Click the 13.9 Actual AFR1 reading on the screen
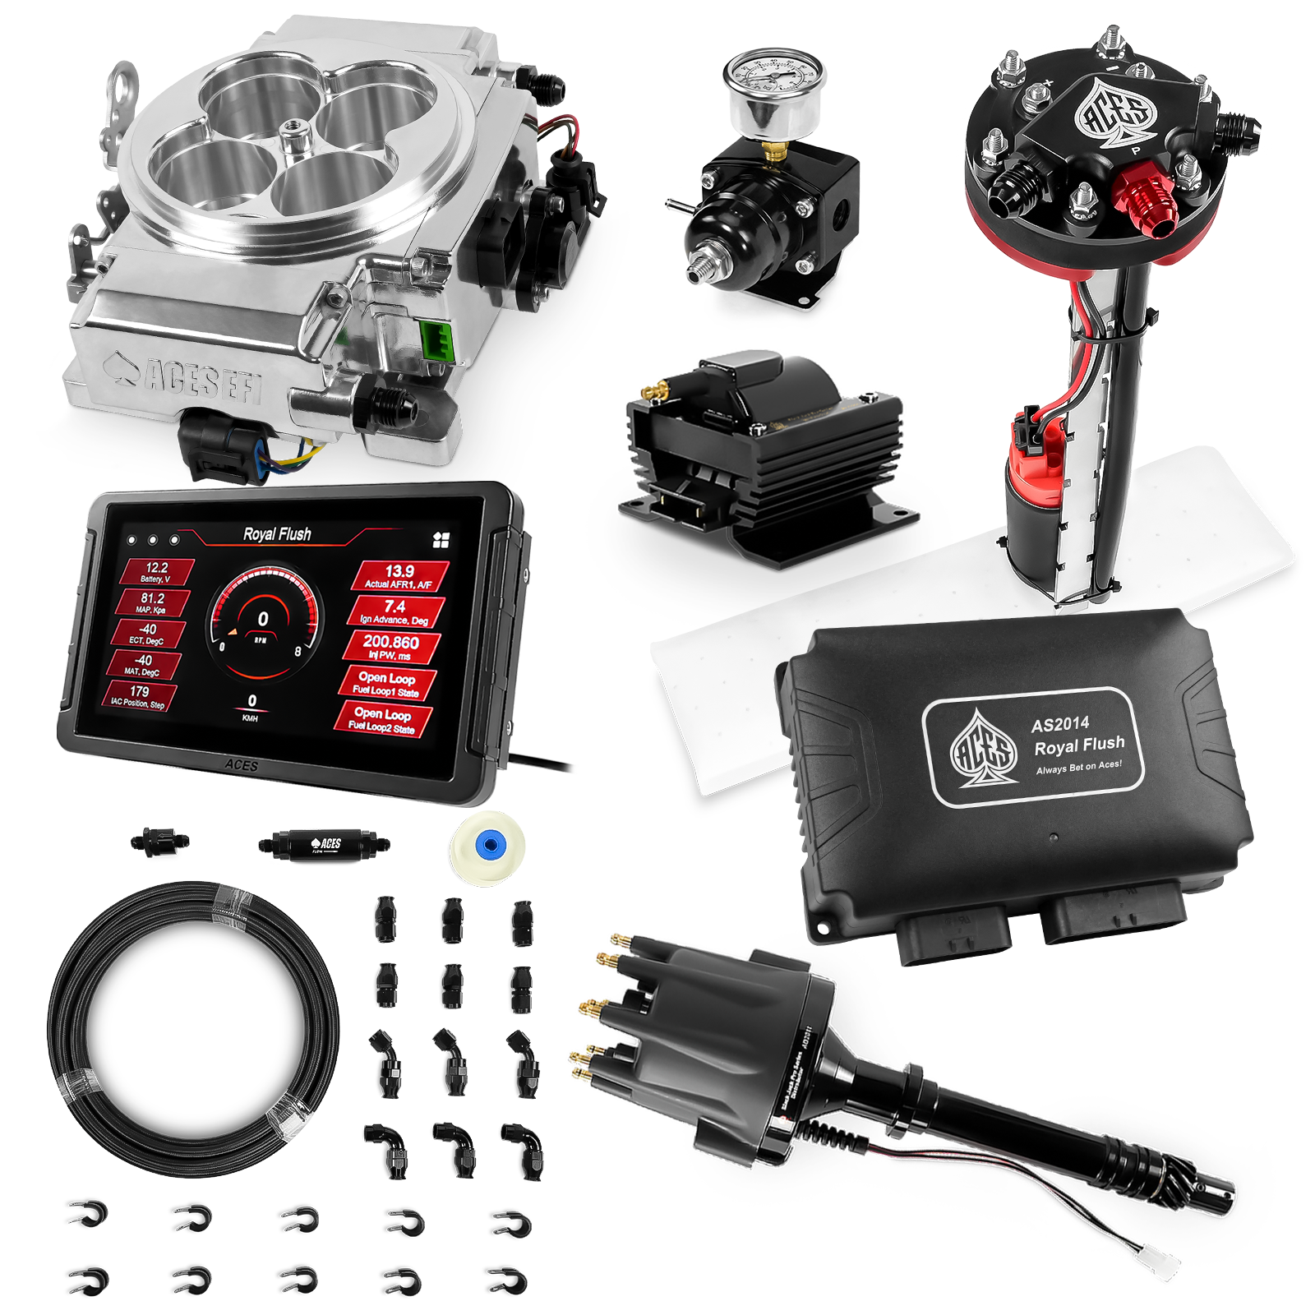tap(400, 576)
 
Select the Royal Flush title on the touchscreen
tap(277, 534)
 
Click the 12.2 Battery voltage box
tap(156, 572)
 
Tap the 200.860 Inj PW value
tap(391, 647)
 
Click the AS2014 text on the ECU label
tap(1060, 724)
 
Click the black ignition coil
tap(764, 444)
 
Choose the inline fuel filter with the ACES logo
tap(321, 845)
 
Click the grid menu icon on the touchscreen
tap(441, 539)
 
